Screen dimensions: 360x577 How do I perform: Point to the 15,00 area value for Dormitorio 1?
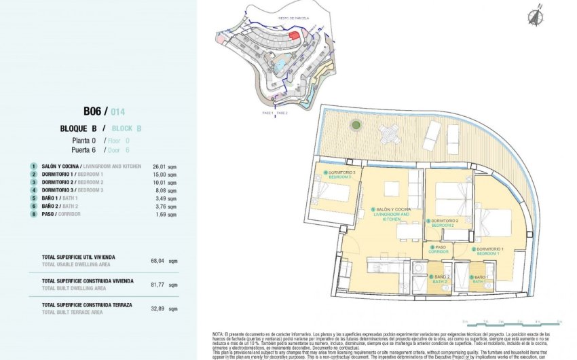coord(165,175)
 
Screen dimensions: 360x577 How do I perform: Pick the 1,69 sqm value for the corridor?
coord(165,214)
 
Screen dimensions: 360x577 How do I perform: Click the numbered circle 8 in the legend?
coord(33,214)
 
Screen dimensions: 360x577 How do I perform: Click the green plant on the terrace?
coord(356,125)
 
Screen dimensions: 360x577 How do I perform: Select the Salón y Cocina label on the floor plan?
coord(392,213)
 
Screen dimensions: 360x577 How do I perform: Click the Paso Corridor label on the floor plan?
coord(441,249)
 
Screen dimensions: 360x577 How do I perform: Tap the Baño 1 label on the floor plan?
coord(481,278)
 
